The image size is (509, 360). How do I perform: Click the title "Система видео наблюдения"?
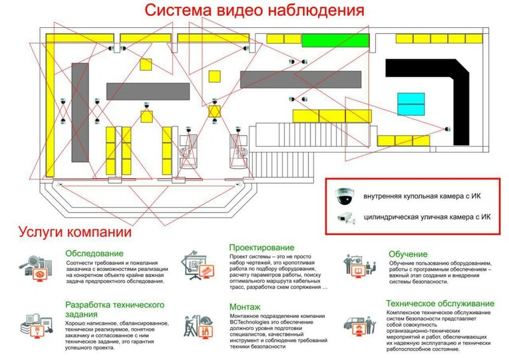click(254, 11)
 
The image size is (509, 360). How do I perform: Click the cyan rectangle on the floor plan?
click(411, 102)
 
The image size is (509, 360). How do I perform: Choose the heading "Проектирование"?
click(261, 247)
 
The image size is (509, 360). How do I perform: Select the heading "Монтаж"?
click(245, 307)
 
